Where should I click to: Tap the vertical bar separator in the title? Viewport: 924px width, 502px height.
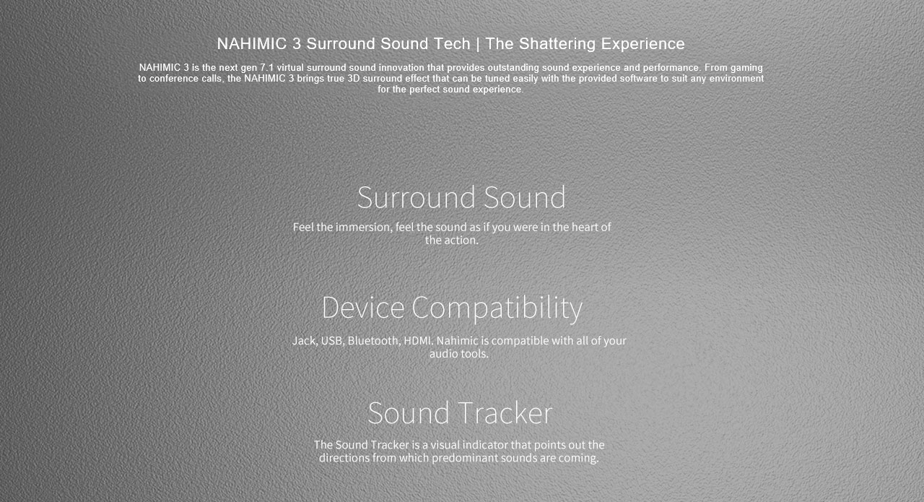(478, 44)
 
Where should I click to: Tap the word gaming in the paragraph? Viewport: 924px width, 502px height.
(746, 68)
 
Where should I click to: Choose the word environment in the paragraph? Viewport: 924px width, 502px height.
(734, 79)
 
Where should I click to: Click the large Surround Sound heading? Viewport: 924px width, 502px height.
(461, 197)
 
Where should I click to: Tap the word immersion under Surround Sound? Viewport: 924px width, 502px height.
(364, 227)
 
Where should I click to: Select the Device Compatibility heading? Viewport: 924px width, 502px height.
(452, 307)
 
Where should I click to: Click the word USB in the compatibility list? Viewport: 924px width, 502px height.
(331, 340)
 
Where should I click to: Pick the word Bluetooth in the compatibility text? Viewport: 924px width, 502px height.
(372, 340)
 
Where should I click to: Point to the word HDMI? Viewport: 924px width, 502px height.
(417, 340)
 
